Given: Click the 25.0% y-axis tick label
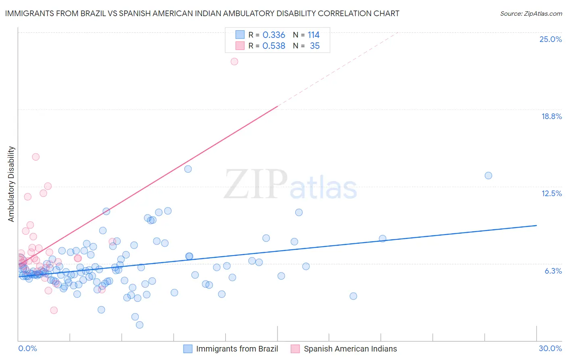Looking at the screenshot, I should coord(550,39).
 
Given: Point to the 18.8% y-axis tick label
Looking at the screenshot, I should coord(551,116).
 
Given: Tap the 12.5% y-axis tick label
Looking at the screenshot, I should coord(551,193).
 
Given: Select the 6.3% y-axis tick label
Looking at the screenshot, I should coord(553,271).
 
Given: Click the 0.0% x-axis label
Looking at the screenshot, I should coord(27,348).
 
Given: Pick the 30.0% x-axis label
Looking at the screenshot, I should coord(550,348).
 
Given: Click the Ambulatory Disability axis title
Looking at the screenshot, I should coord(11,184).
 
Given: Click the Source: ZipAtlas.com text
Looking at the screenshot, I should coord(531,13).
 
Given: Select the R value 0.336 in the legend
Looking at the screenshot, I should coord(273,35).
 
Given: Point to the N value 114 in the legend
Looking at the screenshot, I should coord(313,35).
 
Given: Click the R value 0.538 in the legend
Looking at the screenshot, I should coord(273,46).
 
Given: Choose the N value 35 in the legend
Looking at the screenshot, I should coord(315,46).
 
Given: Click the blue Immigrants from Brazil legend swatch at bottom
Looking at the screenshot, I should coord(188,349).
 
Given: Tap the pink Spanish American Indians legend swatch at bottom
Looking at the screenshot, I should coord(295,349).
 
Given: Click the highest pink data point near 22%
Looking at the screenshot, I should coord(234,61).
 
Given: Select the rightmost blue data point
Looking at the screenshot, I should coord(488,176).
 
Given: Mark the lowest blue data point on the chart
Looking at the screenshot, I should coord(140,325).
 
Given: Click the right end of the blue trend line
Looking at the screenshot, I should coord(536,225).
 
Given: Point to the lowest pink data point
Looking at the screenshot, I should coord(54,310).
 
